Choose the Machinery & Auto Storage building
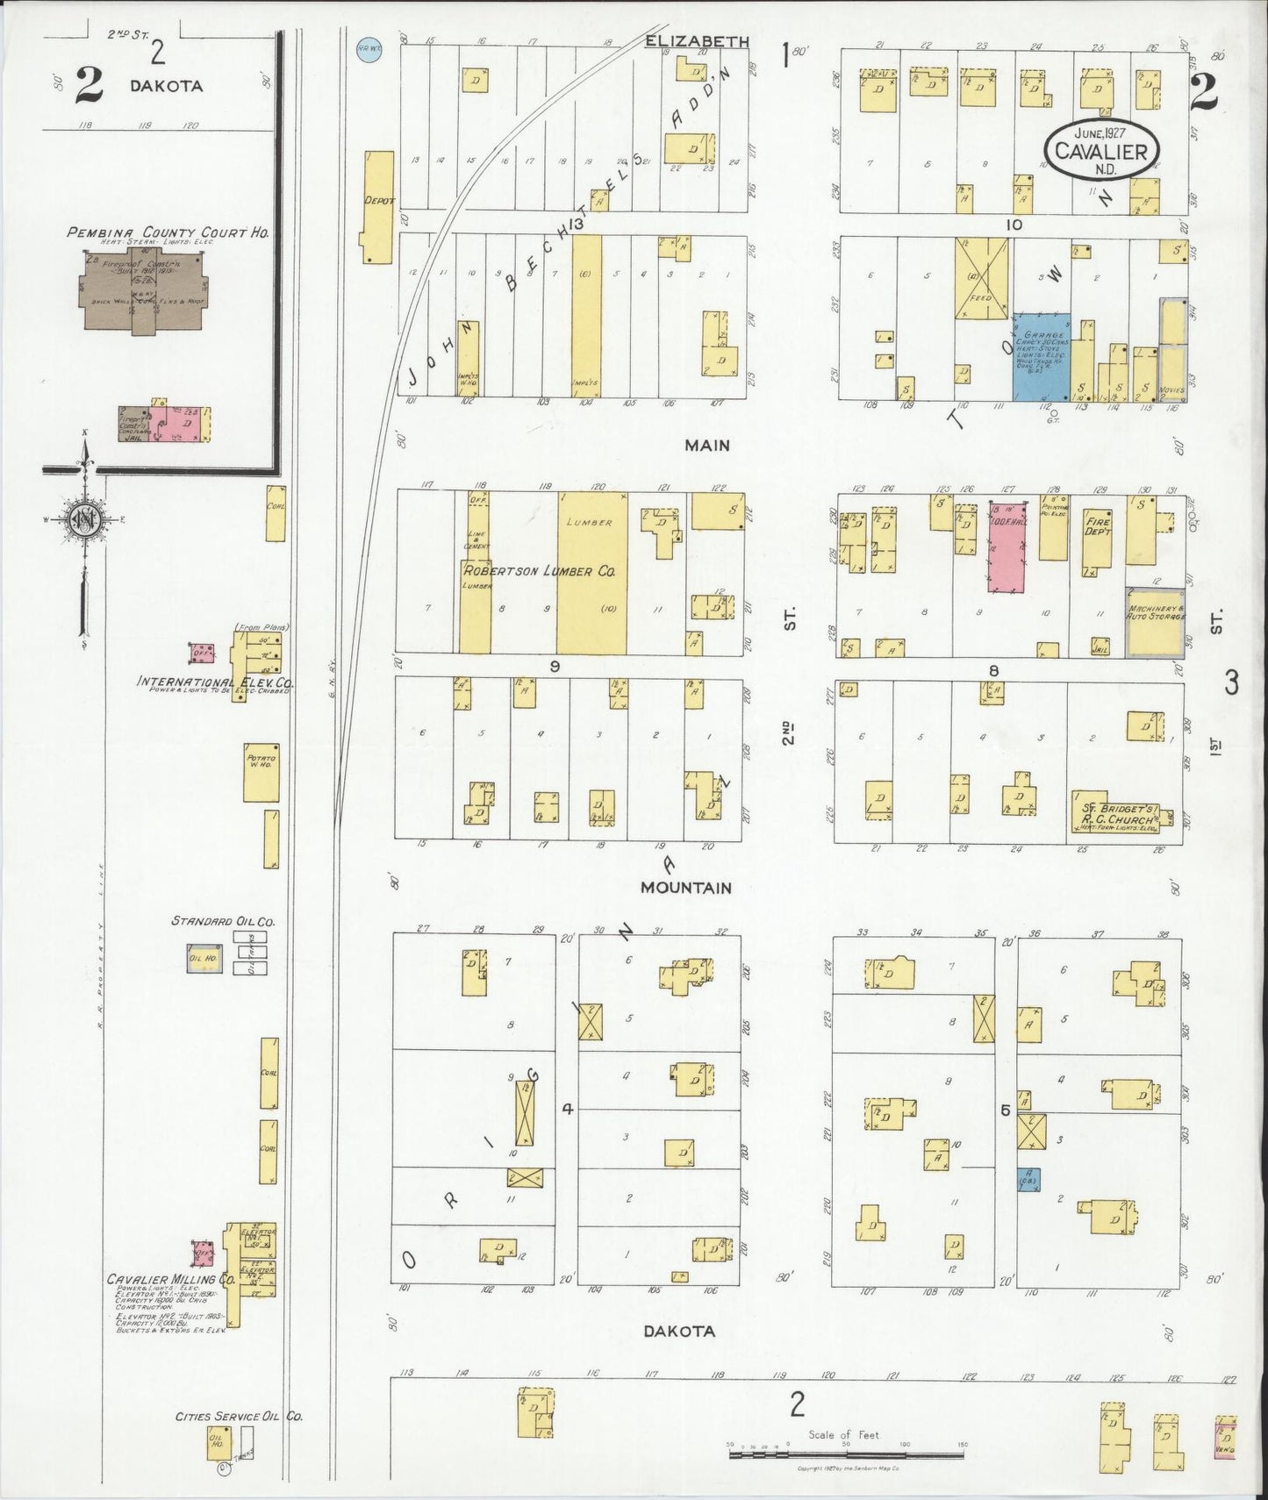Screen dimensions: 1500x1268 [x=1155, y=621]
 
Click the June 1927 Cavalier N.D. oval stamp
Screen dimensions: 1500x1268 [x=1101, y=151]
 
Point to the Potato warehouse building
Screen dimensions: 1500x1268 [x=261, y=772]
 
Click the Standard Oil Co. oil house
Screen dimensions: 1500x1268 [x=204, y=958]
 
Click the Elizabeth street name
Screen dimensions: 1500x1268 [x=696, y=41]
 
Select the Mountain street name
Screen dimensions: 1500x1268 [x=686, y=888]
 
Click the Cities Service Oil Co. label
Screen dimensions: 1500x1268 [x=240, y=1416]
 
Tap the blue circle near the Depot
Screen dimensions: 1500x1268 [x=366, y=49]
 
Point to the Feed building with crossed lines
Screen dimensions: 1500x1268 [x=982, y=272]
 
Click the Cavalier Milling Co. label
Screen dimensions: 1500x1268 [x=171, y=1279]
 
